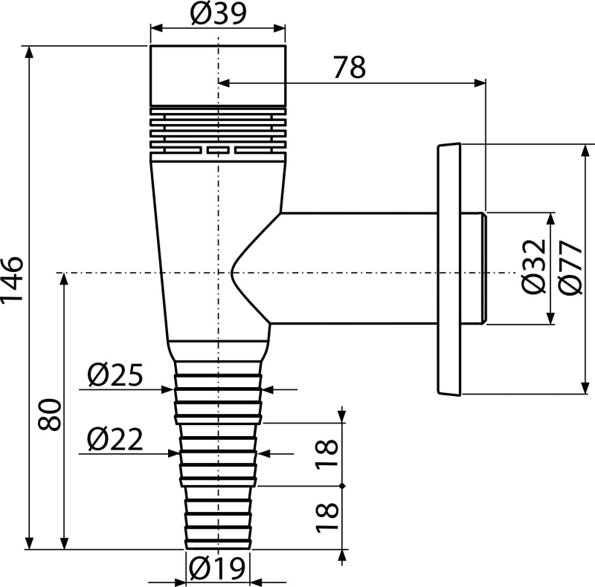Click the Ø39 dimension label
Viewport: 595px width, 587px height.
pyautogui.click(x=218, y=14)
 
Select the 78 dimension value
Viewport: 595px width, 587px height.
pyautogui.click(x=350, y=67)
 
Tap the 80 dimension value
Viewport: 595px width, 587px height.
pyautogui.click(x=50, y=414)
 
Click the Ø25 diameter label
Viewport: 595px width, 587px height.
pyautogui.click(x=115, y=374)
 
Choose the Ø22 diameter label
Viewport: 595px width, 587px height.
pyautogui.click(x=115, y=439)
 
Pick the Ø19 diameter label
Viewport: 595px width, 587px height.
pyautogui.click(x=217, y=568)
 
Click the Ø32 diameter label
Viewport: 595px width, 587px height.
pyautogui.click(x=534, y=267)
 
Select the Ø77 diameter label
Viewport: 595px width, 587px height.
pyautogui.click(x=570, y=267)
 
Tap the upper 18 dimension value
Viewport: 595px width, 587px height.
pyautogui.click(x=327, y=454)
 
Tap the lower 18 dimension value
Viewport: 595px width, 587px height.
pyautogui.click(x=327, y=517)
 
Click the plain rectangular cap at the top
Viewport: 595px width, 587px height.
pyautogui.click(x=218, y=76)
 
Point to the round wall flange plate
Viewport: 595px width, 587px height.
pyautogui.click(x=449, y=269)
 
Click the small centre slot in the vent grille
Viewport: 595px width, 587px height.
pyautogui.click(x=218, y=151)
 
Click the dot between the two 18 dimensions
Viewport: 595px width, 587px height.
pyautogui.click(x=342, y=486)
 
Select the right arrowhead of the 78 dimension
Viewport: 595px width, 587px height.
pyautogui.click(x=480, y=82)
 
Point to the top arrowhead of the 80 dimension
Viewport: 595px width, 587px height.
pyautogui.click(x=64, y=279)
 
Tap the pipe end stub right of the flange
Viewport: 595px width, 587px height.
pyautogui.click(x=474, y=268)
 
